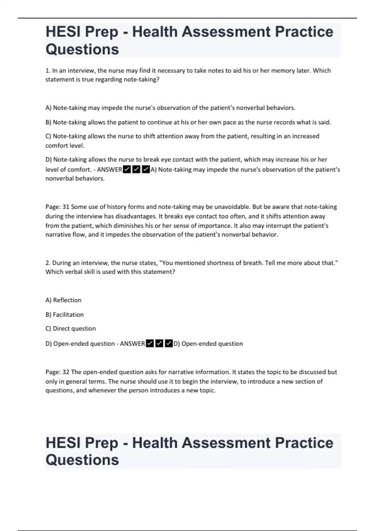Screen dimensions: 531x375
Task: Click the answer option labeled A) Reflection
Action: point(63,300)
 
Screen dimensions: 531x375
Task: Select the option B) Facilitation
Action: point(65,315)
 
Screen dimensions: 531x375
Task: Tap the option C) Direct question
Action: point(71,329)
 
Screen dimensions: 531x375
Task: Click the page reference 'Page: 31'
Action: point(57,207)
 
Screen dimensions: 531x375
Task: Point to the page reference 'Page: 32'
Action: point(57,372)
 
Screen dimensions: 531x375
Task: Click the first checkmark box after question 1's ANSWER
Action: point(127,170)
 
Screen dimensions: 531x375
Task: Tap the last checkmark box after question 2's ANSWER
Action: point(169,344)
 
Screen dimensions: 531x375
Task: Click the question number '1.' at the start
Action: point(48,71)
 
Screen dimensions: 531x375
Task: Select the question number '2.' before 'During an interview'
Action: point(48,263)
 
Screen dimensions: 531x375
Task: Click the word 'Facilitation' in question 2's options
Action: point(68,315)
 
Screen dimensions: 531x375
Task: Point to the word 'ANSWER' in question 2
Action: point(132,344)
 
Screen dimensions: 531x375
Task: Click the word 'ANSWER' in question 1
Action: point(109,170)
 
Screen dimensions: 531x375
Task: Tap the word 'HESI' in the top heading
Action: point(62,32)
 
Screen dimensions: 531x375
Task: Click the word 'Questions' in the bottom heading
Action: point(82,460)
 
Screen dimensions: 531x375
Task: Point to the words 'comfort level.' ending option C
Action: point(65,146)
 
